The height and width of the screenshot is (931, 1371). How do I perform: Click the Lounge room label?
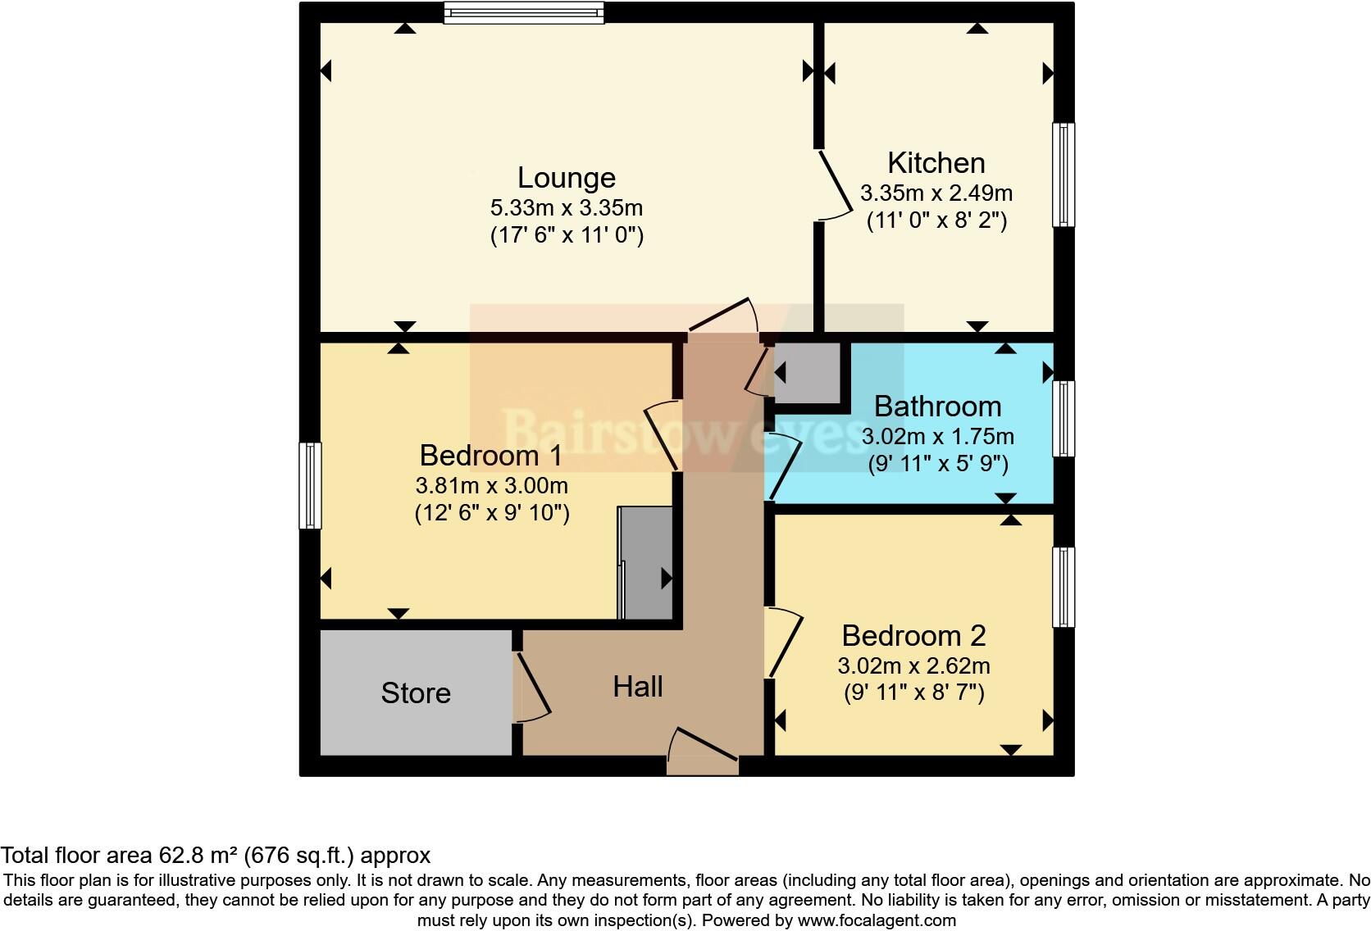tap(566, 178)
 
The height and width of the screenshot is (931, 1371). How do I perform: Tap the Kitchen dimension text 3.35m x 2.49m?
tap(936, 193)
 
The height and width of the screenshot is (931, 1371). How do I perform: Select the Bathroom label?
tap(937, 406)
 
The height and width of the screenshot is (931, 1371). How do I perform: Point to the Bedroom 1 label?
tap(490, 455)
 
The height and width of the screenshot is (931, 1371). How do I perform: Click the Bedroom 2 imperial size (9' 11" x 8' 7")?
tap(913, 693)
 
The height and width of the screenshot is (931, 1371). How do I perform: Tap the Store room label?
tap(416, 693)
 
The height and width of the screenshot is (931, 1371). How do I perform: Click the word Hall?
tap(637, 687)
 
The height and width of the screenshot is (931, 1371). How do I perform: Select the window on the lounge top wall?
tap(524, 12)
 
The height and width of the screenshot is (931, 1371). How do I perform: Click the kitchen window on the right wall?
tap(1064, 175)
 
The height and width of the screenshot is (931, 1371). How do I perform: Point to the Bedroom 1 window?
tap(310, 485)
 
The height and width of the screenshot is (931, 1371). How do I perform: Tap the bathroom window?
tap(1064, 418)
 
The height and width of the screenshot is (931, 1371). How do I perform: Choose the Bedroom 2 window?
tap(1064, 587)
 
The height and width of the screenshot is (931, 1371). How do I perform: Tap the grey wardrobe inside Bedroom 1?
tap(646, 563)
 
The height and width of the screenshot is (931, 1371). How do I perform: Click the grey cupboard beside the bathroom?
tap(808, 373)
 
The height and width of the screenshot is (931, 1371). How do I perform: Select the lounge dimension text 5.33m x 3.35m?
tap(566, 207)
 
